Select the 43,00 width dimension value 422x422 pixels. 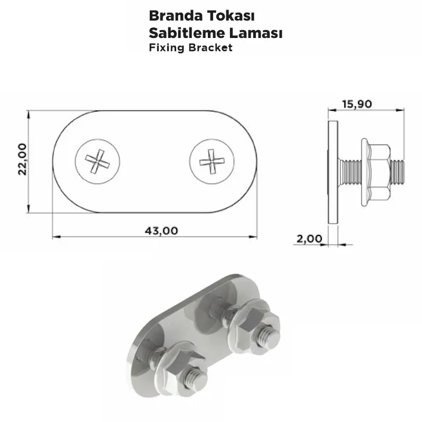[x=161, y=230]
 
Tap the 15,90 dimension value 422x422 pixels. [x=357, y=103]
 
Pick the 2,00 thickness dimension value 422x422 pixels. [x=309, y=238]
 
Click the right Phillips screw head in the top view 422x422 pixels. [x=212, y=160]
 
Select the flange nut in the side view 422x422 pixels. [x=377, y=171]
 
